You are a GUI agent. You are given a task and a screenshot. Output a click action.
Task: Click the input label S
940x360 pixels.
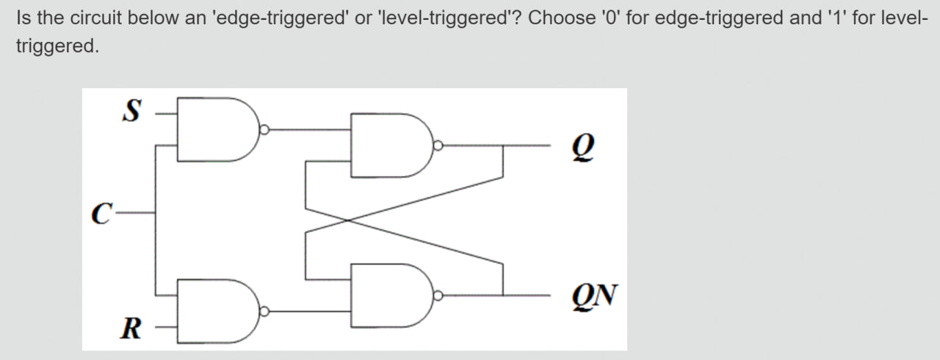[x=131, y=112]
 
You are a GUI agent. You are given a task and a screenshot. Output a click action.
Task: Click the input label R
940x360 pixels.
[x=131, y=326]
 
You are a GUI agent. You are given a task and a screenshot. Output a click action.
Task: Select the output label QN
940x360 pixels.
[x=597, y=295]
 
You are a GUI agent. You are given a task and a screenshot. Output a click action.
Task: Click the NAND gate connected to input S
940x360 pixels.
[x=217, y=129]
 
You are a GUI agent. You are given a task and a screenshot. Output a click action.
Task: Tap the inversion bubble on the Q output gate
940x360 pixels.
[x=438, y=145]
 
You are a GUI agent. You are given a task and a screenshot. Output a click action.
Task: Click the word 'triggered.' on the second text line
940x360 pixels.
[x=57, y=46]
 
